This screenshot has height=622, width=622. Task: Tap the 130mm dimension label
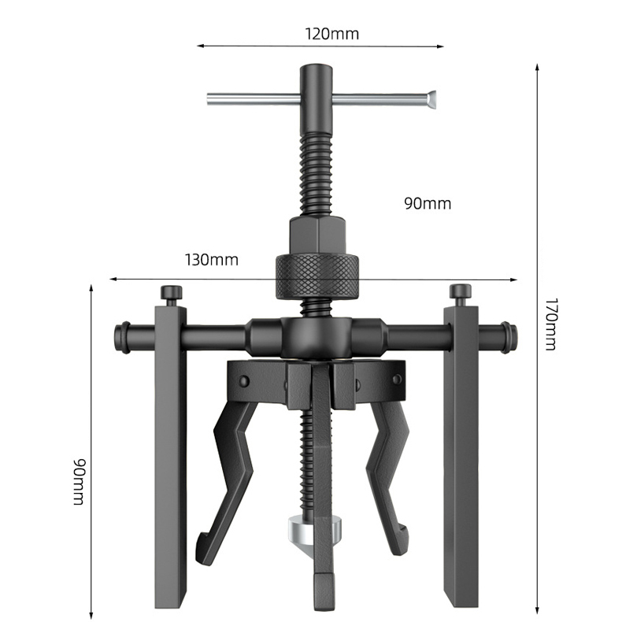(211, 259)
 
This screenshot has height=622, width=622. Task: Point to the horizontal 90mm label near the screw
(428, 203)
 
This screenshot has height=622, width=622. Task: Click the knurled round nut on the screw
(318, 276)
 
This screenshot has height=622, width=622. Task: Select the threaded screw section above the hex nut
(317, 173)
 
